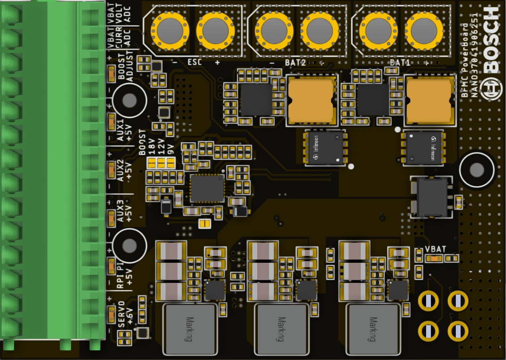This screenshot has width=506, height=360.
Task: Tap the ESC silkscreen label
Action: pyautogui.click(x=195, y=63)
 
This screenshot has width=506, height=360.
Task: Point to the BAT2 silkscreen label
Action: pyautogui.click(x=296, y=63)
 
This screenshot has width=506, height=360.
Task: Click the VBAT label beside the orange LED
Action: pyautogui.click(x=435, y=249)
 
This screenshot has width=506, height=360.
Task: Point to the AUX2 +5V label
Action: pyautogui.click(x=124, y=170)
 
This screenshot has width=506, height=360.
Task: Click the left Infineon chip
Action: pyautogui.click(x=326, y=148)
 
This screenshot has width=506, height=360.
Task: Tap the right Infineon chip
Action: pyautogui.click(x=424, y=148)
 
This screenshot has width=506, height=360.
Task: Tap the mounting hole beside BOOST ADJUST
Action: pyautogui.click(x=129, y=100)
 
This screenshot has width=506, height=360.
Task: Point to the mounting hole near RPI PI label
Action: pyautogui.click(x=129, y=245)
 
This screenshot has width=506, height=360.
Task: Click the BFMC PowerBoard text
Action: pyautogui.click(x=465, y=60)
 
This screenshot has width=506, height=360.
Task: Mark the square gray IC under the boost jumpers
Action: pyautogui.click(x=207, y=188)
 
